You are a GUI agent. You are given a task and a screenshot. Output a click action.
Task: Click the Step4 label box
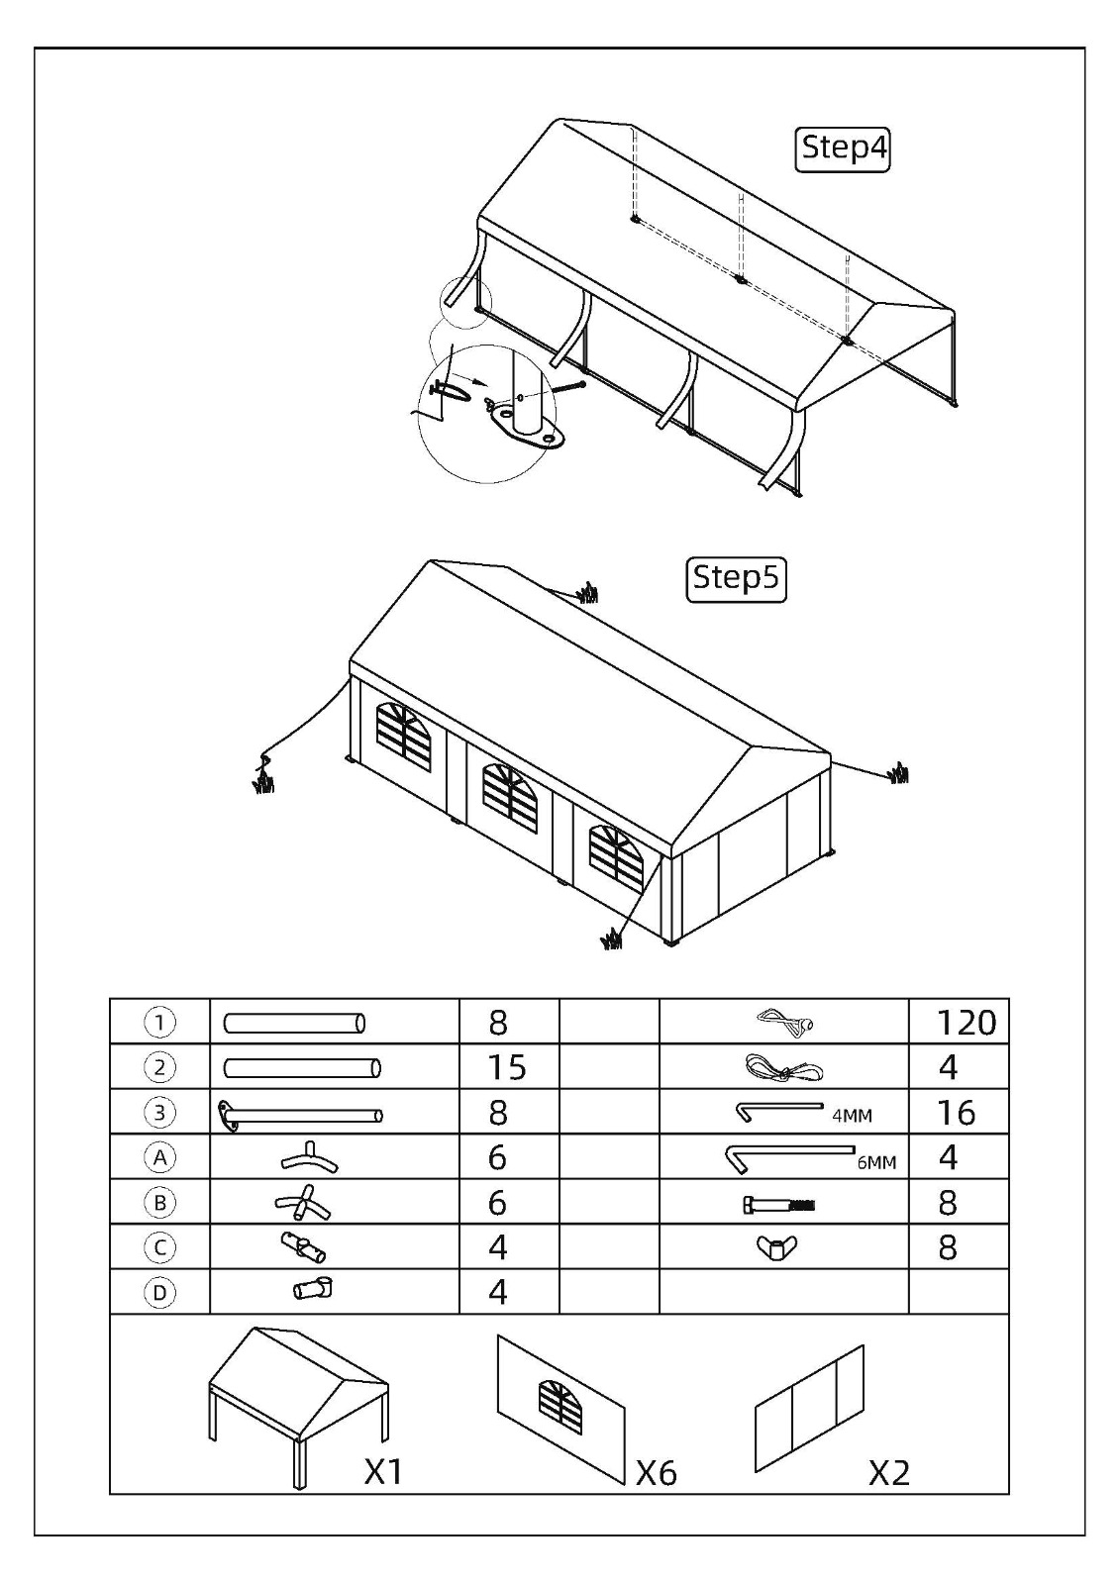tap(842, 149)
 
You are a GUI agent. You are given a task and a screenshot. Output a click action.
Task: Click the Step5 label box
tap(737, 580)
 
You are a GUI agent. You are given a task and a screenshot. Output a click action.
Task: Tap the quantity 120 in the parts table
tap(966, 1023)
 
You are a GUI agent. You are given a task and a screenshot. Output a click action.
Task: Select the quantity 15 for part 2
tap(507, 1067)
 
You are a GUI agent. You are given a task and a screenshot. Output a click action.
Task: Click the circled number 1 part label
tap(159, 1023)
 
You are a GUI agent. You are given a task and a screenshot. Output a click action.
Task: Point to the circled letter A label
tap(159, 1157)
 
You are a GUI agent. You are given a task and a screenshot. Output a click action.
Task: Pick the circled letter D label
tap(159, 1293)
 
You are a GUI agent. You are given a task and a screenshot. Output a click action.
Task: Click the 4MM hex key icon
tap(778, 1110)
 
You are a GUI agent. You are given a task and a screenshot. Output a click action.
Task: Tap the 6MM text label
tap(876, 1162)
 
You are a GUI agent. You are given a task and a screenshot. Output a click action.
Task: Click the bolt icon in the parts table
tap(779, 1204)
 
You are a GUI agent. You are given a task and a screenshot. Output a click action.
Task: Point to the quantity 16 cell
tap(958, 1113)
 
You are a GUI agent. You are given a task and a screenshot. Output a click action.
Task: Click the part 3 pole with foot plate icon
tap(300, 1115)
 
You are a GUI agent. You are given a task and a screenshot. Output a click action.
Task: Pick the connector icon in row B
tap(303, 1202)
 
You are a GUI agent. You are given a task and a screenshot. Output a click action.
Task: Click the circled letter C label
tap(159, 1248)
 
